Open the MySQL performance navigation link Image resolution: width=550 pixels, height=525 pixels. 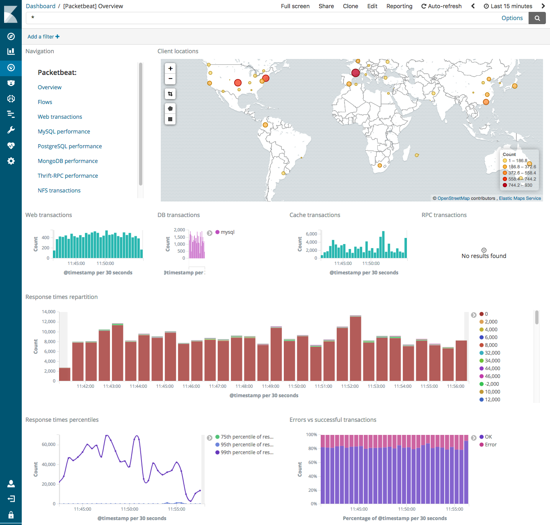pos(64,131)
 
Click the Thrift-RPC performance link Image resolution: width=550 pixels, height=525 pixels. pos(68,176)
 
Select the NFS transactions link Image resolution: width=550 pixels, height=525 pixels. pos(59,190)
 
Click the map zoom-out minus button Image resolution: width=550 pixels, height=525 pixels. pos(170,79)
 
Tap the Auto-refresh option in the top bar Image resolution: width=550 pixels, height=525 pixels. pos(441,6)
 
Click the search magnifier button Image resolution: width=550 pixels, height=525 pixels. pos(537,18)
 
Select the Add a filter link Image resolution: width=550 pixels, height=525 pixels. pos(43,36)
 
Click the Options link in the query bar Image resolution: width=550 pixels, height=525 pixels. pos(512,18)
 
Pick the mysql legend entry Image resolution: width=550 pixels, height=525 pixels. pos(227,232)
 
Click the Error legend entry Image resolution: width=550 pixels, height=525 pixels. pos(491,445)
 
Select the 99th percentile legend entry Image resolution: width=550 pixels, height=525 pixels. pos(246,453)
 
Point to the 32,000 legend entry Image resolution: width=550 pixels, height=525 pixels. pos(492,353)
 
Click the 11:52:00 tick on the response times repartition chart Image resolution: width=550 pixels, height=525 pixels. pos(350,386)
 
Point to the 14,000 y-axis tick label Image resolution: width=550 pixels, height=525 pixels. pos(48,312)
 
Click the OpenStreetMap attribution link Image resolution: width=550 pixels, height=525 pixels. pos(453,198)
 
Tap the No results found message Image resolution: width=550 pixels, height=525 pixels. pos(484,256)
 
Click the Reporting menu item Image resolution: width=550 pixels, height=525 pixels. pos(399,6)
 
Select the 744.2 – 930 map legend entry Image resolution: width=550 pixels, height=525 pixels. pos(520,185)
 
